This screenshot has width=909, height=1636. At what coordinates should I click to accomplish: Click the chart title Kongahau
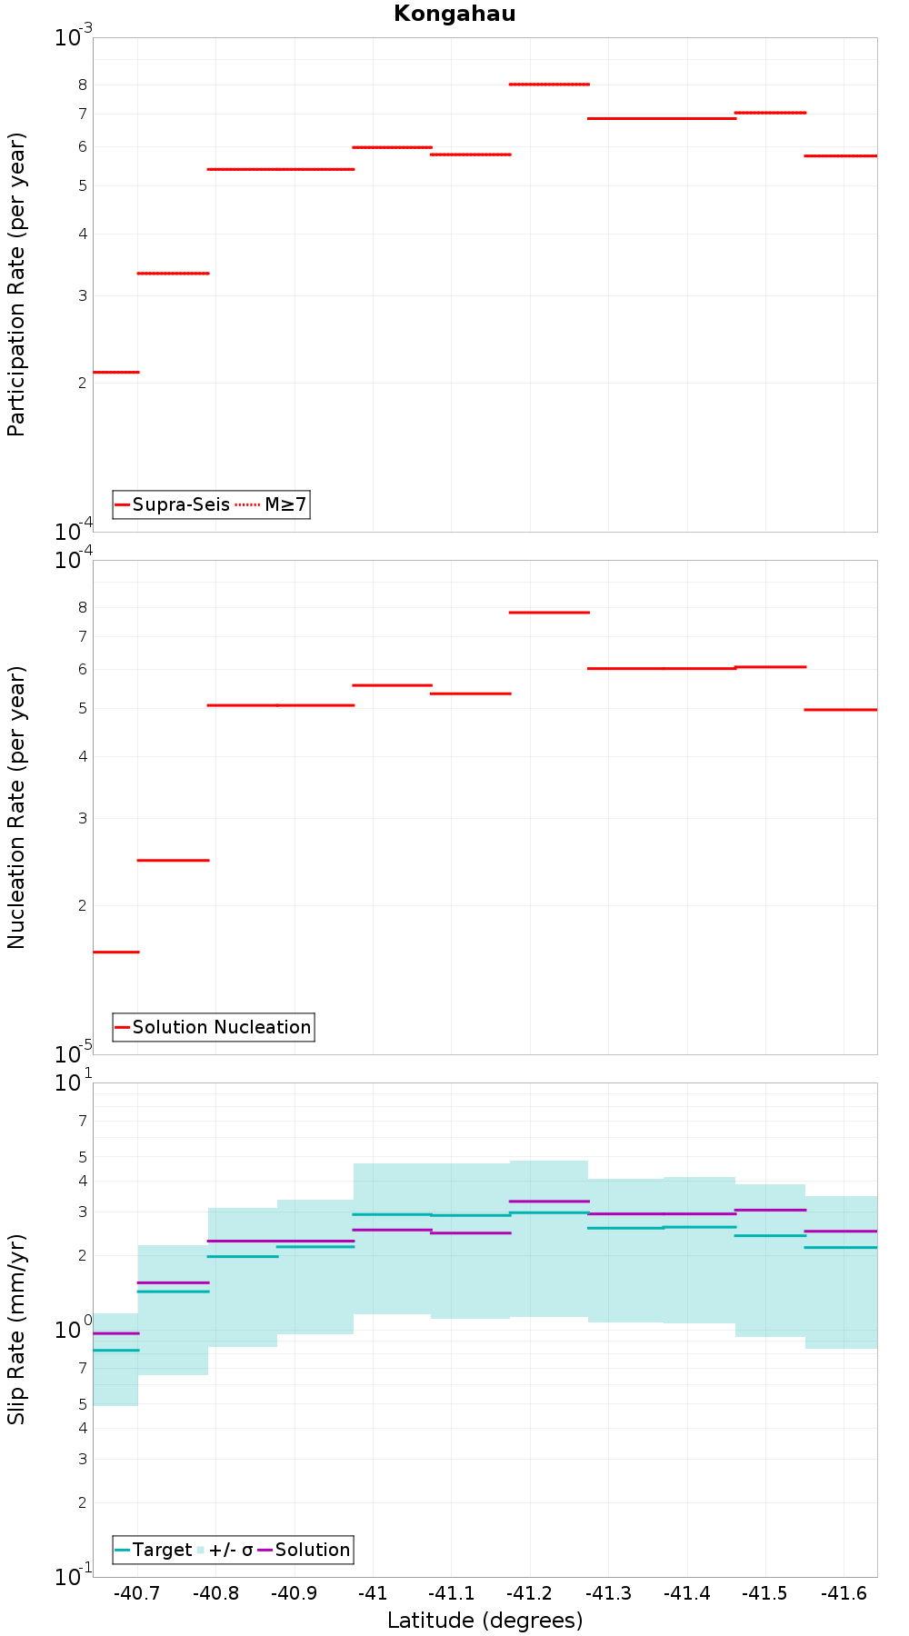[454, 14]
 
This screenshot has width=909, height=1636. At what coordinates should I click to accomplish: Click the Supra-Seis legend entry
[172, 504]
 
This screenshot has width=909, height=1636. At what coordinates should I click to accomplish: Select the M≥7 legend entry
[272, 504]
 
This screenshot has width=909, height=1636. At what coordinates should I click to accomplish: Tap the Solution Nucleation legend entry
[214, 1027]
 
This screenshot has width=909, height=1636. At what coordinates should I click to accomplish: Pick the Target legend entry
[154, 1550]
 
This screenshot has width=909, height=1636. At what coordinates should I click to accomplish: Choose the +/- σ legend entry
[225, 1550]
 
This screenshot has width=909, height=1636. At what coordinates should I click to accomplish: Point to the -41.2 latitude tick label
[530, 1593]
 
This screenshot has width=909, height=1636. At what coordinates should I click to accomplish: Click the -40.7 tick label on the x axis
[137, 1593]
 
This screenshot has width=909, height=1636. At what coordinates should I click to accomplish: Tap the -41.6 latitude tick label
[844, 1593]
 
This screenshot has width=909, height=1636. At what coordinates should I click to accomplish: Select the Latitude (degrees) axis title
[484, 1621]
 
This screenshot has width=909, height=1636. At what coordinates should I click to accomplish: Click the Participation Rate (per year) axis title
[16, 284]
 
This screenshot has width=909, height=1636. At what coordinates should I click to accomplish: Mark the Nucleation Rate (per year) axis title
[16, 807]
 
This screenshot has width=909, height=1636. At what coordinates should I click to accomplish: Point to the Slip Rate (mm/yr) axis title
[16, 1329]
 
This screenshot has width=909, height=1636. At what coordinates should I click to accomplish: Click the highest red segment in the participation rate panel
[549, 84]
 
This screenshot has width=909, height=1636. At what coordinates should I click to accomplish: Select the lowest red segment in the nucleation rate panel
[116, 952]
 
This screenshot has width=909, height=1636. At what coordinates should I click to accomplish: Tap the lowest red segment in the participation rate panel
[116, 372]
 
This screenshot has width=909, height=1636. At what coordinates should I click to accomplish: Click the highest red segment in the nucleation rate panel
[549, 613]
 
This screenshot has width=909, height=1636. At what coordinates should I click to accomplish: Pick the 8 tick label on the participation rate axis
[83, 85]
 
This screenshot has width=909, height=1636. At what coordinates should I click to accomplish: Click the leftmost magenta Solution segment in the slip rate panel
[116, 1333]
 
